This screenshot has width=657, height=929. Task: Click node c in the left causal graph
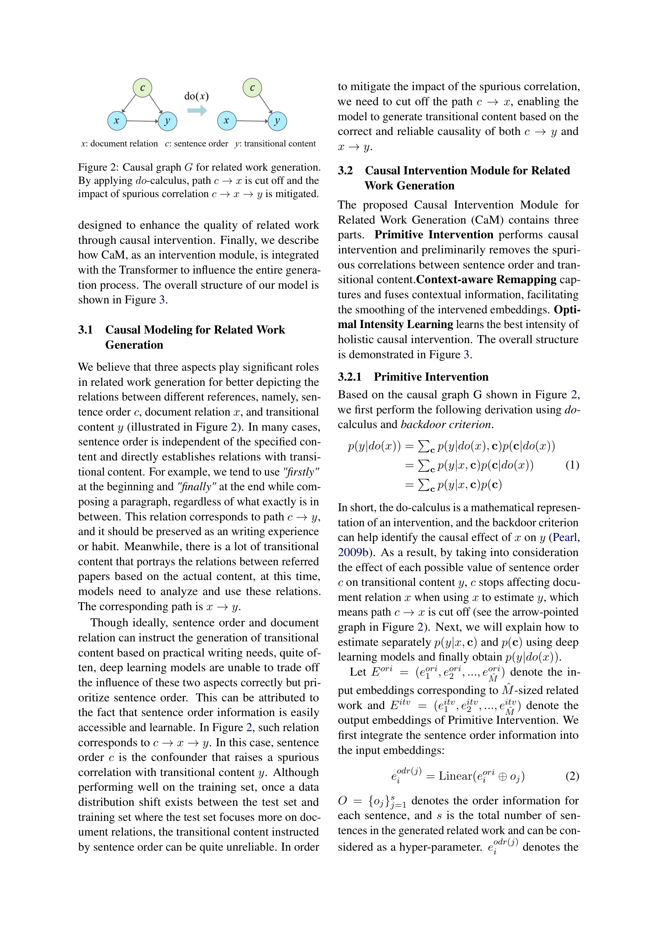[x=142, y=88]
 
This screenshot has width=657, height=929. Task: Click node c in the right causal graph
[x=252, y=88]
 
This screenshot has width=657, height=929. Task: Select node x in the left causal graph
[x=117, y=121]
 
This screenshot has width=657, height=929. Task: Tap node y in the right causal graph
[x=277, y=121]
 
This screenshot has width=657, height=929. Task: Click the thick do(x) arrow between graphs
[x=197, y=110]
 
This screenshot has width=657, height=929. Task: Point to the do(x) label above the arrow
[x=196, y=96]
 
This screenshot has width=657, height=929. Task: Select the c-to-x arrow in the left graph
[x=129, y=104]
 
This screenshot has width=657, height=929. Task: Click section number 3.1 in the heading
[x=85, y=330]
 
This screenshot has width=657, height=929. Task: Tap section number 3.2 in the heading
[x=345, y=170]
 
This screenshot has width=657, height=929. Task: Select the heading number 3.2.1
[x=349, y=377]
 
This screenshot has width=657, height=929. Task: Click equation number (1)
[x=572, y=465]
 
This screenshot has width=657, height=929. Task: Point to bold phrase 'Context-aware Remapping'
[x=486, y=280]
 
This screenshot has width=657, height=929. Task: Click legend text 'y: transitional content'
[x=275, y=144]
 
